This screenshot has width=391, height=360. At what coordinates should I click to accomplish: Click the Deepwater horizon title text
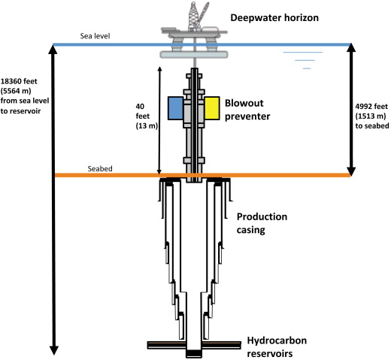pyautogui.click(x=274, y=18)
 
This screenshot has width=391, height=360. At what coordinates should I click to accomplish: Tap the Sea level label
pyautogui.click(x=95, y=36)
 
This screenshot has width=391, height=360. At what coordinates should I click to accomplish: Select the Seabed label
pyautogui.click(x=100, y=168)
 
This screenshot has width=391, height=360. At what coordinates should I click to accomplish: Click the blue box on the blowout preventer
pyautogui.click(x=175, y=108)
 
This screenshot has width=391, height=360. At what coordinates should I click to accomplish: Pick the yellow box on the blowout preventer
pyautogui.click(x=212, y=108)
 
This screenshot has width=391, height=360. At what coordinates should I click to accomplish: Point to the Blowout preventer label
pyautogui.click(x=247, y=110)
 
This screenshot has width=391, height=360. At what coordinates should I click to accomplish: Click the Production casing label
pyautogui.click(x=262, y=223)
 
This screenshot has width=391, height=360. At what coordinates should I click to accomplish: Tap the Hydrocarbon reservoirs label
pyautogui.click(x=277, y=347)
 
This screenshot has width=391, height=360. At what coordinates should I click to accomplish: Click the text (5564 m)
pyautogui.click(x=16, y=91)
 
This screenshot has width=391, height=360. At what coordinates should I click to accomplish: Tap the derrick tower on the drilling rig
pyautogui.click(x=193, y=15)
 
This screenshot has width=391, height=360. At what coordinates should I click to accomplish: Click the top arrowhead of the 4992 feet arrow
pyautogui.click(x=351, y=47)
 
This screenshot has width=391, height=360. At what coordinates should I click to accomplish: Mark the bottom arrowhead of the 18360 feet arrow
pyautogui.click(x=54, y=350)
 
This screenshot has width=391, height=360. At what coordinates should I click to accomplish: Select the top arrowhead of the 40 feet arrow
pyautogui.click(x=160, y=68)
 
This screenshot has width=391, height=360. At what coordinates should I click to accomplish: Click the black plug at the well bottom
pyautogui.click(x=194, y=353)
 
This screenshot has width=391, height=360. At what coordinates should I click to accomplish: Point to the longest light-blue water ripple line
pyautogui.click(x=303, y=53)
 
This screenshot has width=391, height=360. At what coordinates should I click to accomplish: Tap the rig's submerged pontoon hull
pyautogui.click(x=194, y=55)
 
